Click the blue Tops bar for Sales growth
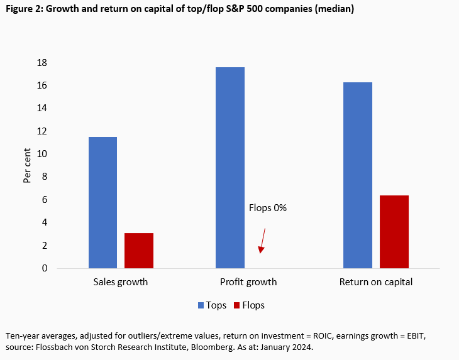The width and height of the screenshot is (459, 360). tap(102, 202)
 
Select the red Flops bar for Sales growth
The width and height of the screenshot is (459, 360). tap(138, 251)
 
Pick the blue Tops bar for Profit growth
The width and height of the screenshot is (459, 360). tap(230, 168)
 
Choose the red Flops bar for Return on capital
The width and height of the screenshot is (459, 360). tap(394, 232)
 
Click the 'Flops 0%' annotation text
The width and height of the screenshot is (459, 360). tap(268, 208)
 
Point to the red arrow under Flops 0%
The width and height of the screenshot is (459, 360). tap(263, 241)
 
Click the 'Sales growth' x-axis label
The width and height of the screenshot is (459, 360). tap(120, 282)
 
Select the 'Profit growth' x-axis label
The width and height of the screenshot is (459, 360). tap(248, 282)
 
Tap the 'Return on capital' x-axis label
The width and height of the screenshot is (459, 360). tap(376, 282)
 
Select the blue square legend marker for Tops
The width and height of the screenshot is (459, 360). tap(201, 305)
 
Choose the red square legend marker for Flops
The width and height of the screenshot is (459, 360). tap(237, 305)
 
